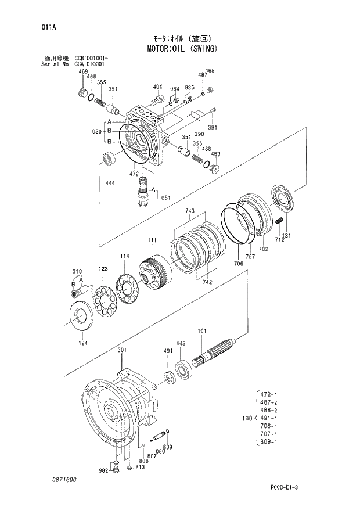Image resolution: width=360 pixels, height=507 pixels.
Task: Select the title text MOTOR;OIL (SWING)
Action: pyautogui.click(x=179, y=48)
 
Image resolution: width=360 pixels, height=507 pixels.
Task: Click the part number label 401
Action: pyautogui.click(x=157, y=87)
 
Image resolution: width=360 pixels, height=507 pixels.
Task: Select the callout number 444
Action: pyautogui.click(x=110, y=183)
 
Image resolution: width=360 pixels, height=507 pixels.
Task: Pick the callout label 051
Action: pyautogui.click(x=166, y=197)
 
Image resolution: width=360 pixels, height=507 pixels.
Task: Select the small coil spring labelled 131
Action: pyautogui.click(x=280, y=221)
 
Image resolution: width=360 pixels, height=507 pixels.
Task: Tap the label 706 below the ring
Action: pyautogui.click(x=238, y=264)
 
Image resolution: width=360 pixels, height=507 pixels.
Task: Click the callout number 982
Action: pyautogui.click(x=103, y=470)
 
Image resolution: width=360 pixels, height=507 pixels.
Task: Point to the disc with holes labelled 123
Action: pyautogui.click(x=105, y=301)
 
